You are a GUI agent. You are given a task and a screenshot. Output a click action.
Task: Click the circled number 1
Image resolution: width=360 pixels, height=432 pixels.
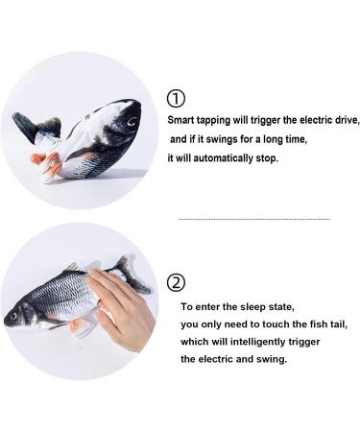176,99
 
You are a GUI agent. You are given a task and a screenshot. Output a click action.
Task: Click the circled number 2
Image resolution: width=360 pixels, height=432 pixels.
176,283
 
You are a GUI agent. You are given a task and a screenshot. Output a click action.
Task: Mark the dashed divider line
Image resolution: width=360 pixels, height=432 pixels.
253,220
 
